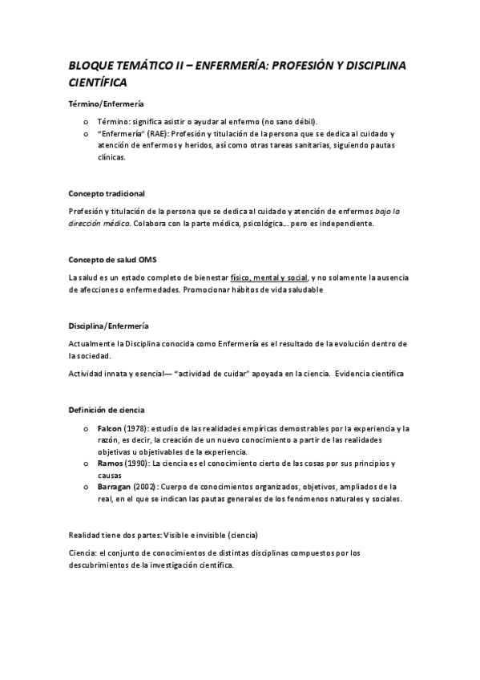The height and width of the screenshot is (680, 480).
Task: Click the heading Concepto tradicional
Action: click(x=107, y=194)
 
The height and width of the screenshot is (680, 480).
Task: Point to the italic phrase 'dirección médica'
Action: click(x=99, y=224)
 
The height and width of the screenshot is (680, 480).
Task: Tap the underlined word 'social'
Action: click(x=295, y=277)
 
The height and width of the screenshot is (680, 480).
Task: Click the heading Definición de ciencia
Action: click(x=107, y=410)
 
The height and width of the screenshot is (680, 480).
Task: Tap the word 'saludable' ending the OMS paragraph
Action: click(x=301, y=289)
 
